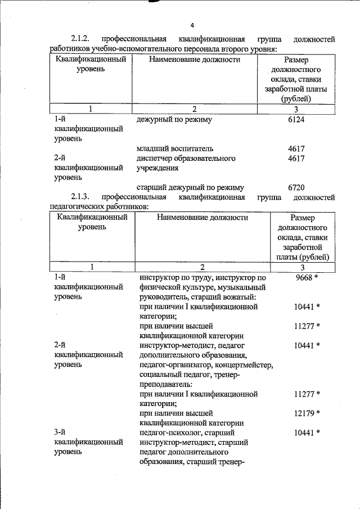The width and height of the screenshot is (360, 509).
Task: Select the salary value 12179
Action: click(304, 413)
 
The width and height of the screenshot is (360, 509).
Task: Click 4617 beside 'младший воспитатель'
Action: click(295, 149)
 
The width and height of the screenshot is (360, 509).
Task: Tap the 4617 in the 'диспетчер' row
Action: click(295, 159)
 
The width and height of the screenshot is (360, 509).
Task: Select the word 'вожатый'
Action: click(241, 297)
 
